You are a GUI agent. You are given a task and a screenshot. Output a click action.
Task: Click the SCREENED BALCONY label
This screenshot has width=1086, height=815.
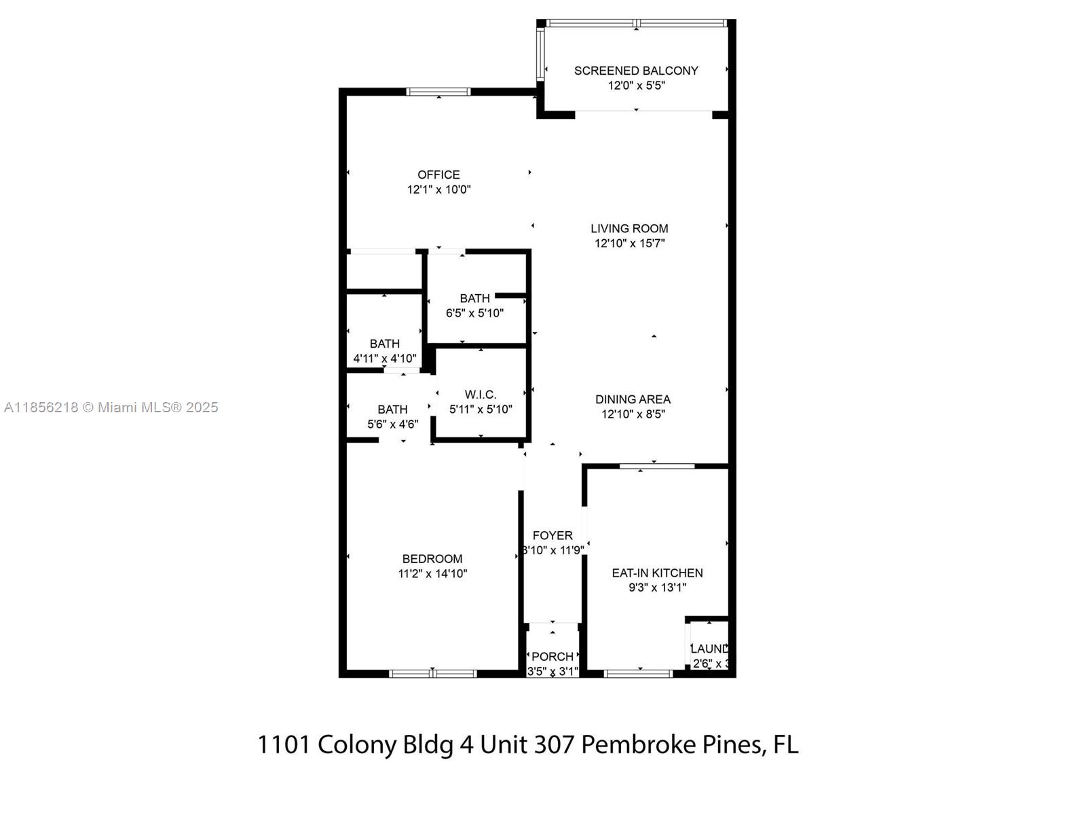coord(636,71)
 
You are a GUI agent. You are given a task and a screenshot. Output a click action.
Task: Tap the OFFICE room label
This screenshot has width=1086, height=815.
coord(438,175)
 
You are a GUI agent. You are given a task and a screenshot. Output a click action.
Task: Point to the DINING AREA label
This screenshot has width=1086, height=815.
coord(633,399)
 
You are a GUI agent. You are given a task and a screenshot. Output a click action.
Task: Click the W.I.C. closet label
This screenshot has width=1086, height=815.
coord(481,395)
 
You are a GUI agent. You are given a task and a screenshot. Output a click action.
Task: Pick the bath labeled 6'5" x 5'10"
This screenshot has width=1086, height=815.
coord(474,306)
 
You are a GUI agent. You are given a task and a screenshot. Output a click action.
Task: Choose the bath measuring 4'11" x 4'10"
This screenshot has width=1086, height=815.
coord(384,351)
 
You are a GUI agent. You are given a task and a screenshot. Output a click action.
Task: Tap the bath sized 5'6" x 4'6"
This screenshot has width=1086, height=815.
coord(392,416)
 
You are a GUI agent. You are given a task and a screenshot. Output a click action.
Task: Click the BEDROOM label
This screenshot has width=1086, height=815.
coord(432,559)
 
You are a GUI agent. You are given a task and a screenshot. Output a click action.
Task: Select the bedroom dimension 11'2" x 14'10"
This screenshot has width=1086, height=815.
coord(432,574)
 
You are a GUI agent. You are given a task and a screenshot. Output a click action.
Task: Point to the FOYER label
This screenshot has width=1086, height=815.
coord(553,536)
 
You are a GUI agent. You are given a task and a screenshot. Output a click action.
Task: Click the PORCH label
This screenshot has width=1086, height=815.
coord(553,657)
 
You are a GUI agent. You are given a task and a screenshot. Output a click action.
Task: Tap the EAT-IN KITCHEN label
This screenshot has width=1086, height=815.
coord(657,573)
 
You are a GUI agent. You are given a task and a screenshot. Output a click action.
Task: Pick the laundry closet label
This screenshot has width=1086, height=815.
coord(709,649)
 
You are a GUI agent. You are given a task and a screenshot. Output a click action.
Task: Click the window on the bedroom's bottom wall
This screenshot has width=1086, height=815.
coord(433,674)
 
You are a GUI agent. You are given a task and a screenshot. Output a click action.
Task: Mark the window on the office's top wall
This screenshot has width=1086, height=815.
coord(438,92)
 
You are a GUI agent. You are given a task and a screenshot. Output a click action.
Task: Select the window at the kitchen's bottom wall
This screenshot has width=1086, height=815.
coord(638,674)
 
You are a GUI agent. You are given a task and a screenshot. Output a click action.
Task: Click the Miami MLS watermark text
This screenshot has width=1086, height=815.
coord(111,407)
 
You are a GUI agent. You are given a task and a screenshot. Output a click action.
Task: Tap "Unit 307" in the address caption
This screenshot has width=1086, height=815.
coord(529,745)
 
